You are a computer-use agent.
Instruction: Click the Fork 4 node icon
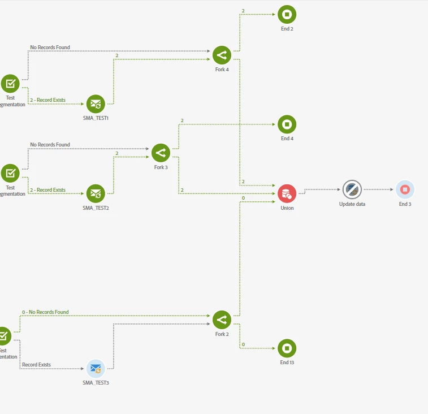click(222, 55)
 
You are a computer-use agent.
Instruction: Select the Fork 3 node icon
click(161, 153)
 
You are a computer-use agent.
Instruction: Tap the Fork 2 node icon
click(222, 320)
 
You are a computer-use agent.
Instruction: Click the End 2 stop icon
click(287, 14)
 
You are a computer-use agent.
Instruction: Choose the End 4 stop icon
click(287, 124)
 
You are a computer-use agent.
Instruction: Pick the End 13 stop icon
click(287, 348)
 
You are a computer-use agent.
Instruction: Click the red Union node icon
click(287, 193)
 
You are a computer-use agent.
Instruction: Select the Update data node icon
click(352, 189)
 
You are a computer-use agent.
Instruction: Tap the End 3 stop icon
click(405, 189)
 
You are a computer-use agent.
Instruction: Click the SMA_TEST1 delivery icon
click(96, 104)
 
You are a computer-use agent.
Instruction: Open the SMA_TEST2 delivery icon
click(96, 193)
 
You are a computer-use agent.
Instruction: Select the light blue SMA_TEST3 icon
click(96, 369)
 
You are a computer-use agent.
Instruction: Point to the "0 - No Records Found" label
click(45, 312)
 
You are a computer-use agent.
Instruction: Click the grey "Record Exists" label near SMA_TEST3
click(36, 365)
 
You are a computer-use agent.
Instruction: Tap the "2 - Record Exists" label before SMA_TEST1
click(47, 100)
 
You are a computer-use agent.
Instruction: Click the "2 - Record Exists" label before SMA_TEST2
click(47, 190)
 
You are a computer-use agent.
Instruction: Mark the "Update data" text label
click(352, 204)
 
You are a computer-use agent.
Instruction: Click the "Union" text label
click(287, 208)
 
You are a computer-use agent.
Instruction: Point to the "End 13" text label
click(287, 363)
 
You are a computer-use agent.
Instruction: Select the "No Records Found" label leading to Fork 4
click(50, 48)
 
